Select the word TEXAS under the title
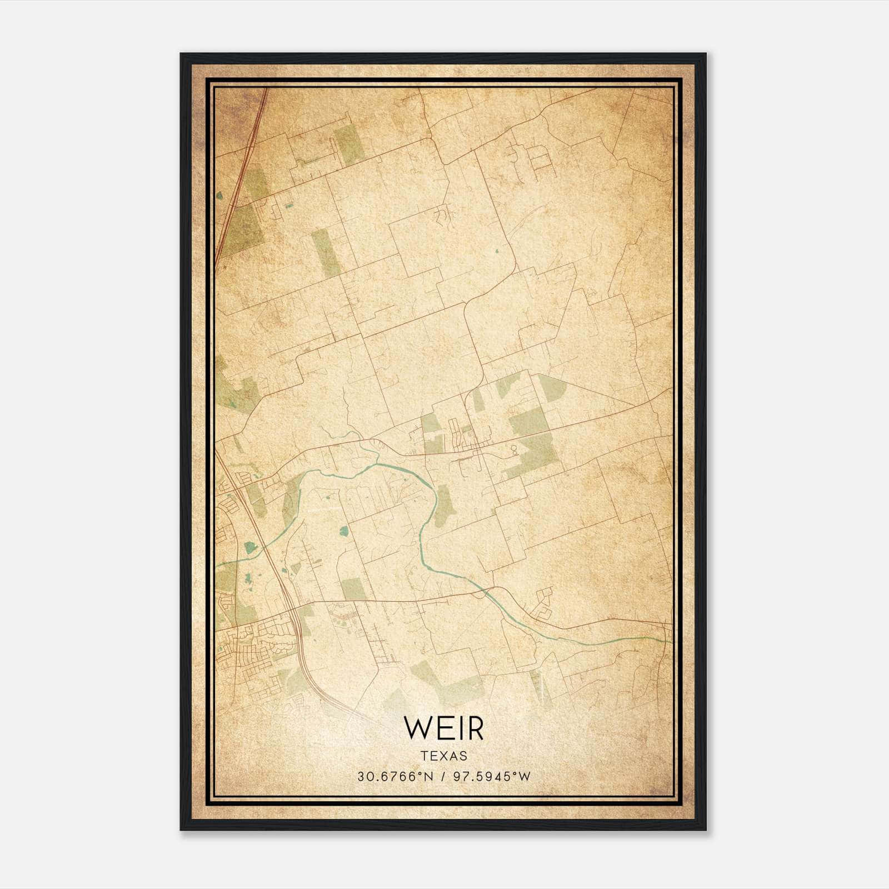click(x=443, y=756)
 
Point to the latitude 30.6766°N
click(x=394, y=777)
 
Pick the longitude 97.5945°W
click(x=492, y=777)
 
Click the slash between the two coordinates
click(x=443, y=777)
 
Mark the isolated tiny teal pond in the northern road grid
click(x=497, y=251)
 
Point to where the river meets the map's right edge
click(x=670, y=641)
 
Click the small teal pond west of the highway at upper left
click(x=219, y=196)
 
